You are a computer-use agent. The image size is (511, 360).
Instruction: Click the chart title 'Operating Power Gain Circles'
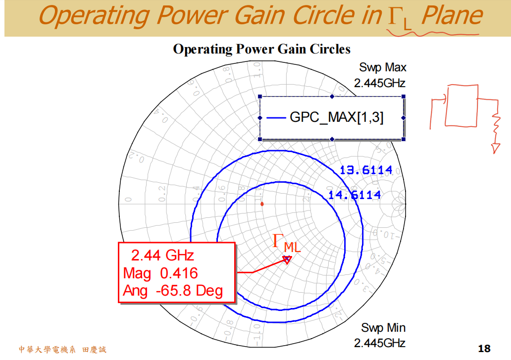[x=261, y=50]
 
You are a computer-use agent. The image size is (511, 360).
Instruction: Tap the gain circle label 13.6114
[x=366, y=171]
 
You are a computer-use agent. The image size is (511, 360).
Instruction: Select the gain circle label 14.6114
[x=355, y=195]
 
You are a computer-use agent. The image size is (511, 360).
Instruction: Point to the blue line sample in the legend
[x=276, y=118]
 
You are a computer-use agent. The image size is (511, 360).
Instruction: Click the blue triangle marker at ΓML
[x=287, y=259]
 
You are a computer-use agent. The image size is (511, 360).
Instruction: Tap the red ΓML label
[x=287, y=243]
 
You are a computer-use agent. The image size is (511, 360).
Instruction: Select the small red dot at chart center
[x=262, y=204]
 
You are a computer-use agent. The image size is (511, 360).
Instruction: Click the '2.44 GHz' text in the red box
[x=162, y=256]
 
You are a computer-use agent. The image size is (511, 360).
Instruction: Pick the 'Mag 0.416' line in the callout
[x=160, y=273]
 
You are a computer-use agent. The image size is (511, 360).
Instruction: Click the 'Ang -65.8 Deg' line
[x=173, y=291]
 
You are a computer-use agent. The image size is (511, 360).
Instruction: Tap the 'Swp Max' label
[x=383, y=67]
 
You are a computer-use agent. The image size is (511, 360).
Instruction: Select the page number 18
[x=484, y=349]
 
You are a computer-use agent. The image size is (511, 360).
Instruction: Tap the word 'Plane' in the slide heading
[x=451, y=16]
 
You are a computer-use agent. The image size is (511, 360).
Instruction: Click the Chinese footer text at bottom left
[x=62, y=350]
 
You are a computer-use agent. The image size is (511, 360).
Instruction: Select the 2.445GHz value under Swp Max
[x=380, y=83]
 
